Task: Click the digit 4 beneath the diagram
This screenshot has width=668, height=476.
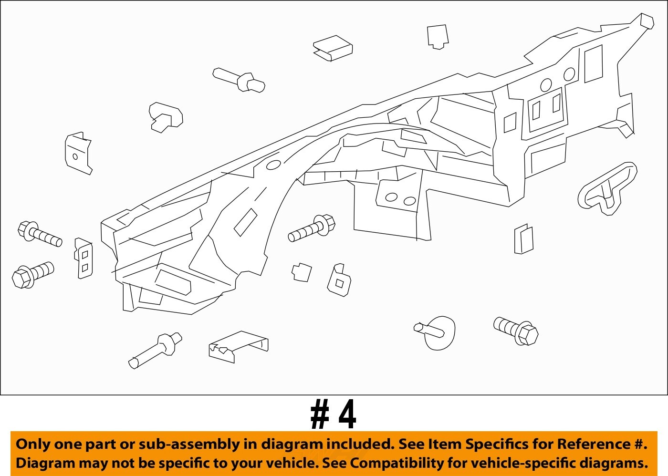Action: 347,415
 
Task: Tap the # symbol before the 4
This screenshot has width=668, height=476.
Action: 320,415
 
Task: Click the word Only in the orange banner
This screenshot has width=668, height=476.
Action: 32,445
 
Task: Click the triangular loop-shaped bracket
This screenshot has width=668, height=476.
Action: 607,188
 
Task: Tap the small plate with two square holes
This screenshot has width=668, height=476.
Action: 84,259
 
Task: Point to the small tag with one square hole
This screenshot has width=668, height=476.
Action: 339,281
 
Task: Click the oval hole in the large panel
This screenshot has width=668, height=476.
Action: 273,165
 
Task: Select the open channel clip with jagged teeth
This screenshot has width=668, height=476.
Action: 238,347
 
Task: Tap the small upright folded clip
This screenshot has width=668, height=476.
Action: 523,239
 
